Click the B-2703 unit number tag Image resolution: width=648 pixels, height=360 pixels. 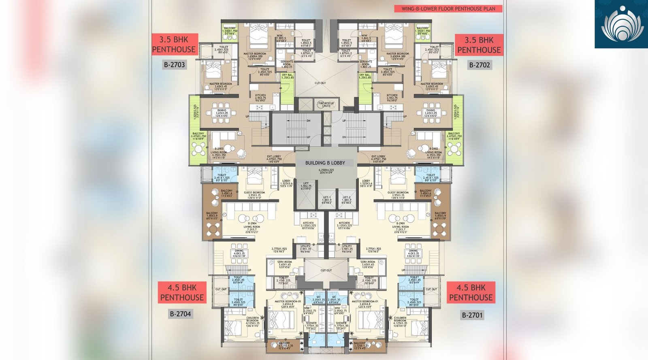point(174,65)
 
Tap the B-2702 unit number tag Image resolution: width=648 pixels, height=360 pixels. point(480,65)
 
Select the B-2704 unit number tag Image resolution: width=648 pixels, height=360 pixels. point(180,314)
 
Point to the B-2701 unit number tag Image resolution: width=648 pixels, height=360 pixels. point(472,315)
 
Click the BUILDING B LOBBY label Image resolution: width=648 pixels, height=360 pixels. point(325,163)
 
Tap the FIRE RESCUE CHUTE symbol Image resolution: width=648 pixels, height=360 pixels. point(326,104)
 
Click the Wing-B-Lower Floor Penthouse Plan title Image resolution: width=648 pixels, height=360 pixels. point(448,9)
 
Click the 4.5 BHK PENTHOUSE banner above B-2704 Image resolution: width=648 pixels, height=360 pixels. point(182,292)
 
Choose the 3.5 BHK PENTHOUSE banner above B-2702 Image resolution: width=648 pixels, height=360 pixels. point(479,45)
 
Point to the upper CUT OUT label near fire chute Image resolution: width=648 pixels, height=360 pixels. point(320,83)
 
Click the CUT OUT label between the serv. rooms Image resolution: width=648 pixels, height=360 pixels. point(326,270)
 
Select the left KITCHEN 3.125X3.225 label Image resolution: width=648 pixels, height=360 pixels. point(308,225)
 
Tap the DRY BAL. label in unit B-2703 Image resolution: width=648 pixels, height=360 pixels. point(287,76)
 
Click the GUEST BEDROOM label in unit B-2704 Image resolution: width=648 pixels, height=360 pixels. point(254,195)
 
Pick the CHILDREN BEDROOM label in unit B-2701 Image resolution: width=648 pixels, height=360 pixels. point(400,320)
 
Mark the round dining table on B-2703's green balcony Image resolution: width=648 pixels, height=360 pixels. point(199,149)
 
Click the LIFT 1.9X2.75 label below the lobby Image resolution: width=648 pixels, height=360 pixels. point(306,186)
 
